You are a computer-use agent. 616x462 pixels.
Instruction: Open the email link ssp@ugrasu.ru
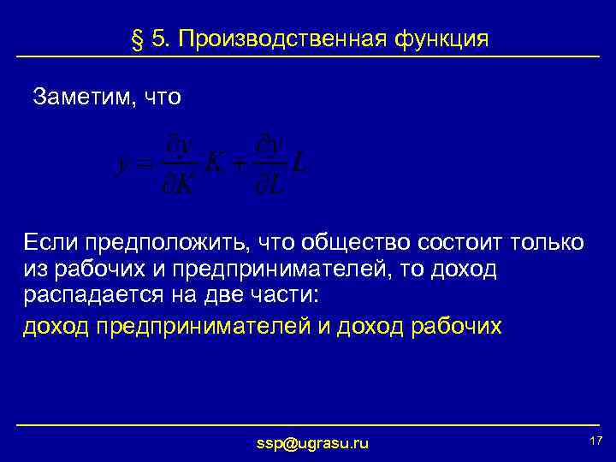pyautogui.click(x=313, y=443)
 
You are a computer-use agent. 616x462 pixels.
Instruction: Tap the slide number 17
pyautogui.click(x=596, y=440)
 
